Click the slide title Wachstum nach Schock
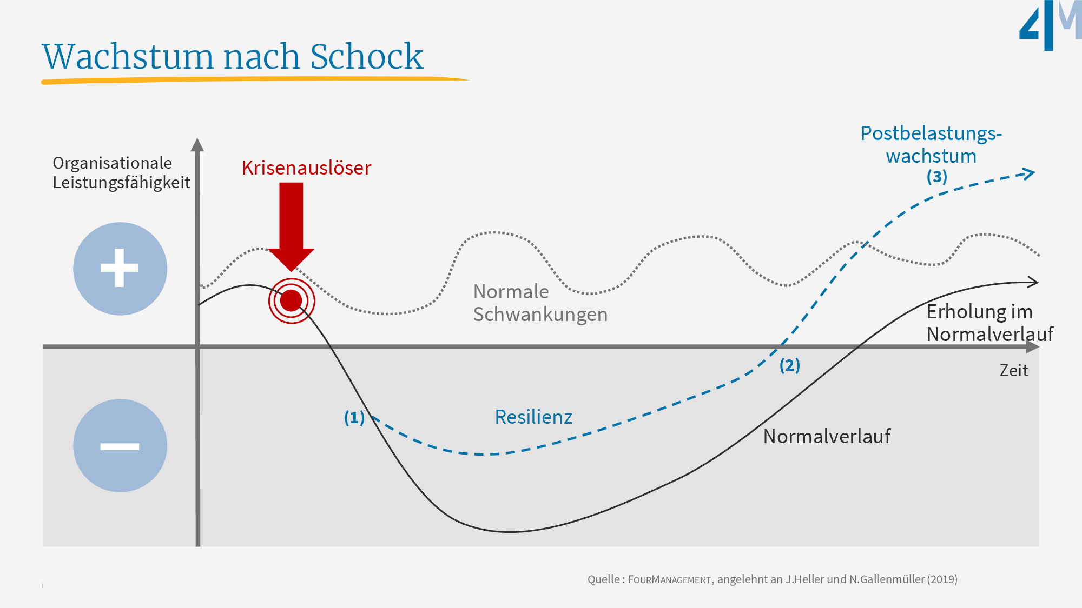233,56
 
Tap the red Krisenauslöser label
306,168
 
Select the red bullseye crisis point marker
292,300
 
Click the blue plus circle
120,269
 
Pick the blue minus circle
120,446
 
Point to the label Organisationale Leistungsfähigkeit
121,172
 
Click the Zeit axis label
1013,371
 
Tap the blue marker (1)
354,418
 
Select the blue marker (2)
789,365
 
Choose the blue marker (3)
936,177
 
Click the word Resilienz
533,417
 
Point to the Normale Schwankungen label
540,303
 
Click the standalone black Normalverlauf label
827,437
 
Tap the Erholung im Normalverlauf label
989,323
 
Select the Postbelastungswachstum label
931,144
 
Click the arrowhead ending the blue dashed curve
1026,174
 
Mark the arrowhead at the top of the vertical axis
197,145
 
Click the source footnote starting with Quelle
772,579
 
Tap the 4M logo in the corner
1050,25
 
